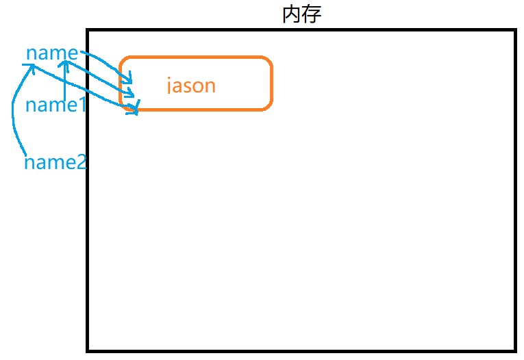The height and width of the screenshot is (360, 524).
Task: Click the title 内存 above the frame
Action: click(x=301, y=14)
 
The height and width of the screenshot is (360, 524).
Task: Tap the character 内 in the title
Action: click(x=292, y=14)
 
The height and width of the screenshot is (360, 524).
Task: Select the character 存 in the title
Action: click(x=311, y=14)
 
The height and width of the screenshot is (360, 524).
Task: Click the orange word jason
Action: click(x=191, y=86)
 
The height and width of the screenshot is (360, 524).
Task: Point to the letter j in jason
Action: click(x=170, y=86)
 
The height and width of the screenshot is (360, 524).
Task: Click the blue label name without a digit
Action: click(x=52, y=53)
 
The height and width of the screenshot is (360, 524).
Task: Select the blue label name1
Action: click(x=55, y=105)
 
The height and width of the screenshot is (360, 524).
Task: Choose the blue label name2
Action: click(x=55, y=163)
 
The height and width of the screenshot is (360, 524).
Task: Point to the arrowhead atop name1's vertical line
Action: click(x=65, y=64)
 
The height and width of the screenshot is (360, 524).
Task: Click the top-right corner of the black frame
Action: click(x=514, y=31)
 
